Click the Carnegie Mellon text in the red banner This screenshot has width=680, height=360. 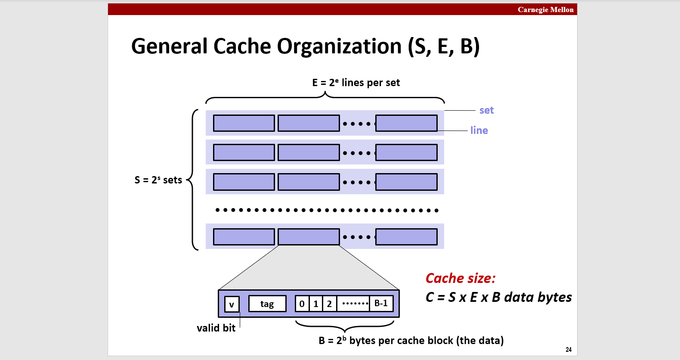545,9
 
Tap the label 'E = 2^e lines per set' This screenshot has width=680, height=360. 356,83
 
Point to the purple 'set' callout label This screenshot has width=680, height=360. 486,110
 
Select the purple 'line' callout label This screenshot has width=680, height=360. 479,130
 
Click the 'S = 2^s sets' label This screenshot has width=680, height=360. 158,180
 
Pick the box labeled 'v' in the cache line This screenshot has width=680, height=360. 232,304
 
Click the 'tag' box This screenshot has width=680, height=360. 267,304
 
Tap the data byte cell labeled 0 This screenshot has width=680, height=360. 302,304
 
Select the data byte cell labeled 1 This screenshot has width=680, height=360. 316,304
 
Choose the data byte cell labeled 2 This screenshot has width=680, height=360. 330,304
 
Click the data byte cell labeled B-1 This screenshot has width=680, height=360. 381,304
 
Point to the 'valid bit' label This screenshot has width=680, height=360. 216,328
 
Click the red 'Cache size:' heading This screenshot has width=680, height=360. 461,278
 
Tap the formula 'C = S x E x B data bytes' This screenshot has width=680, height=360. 498,297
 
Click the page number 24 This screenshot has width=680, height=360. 569,350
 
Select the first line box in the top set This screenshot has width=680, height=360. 244,123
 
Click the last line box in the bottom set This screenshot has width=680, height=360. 406,237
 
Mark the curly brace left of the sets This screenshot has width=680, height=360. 194,180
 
